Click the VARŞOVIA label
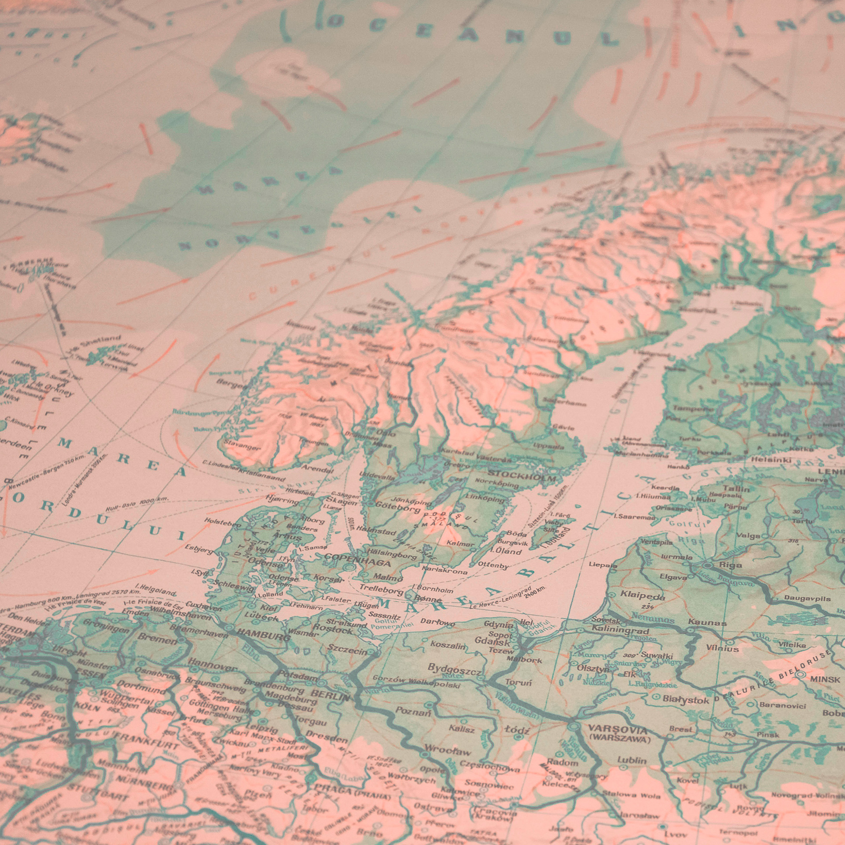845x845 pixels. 619,730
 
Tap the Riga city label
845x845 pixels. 730,565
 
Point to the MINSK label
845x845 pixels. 825,679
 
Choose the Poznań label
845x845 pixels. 413,711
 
